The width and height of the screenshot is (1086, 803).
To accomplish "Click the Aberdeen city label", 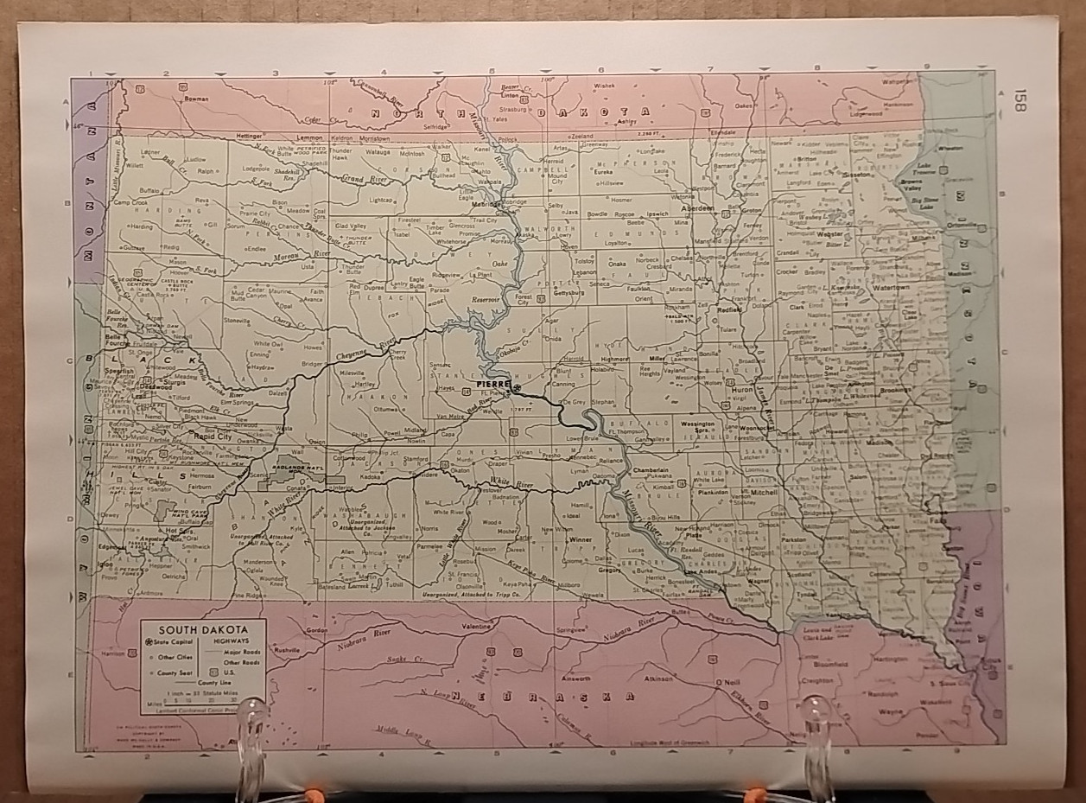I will (697, 208).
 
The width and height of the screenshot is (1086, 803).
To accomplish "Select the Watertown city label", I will (891, 287).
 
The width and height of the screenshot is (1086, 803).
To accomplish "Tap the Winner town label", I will (581, 539).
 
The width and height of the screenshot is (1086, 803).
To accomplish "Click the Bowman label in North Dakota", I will (197, 99).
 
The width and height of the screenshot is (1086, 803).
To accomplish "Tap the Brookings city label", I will (895, 391).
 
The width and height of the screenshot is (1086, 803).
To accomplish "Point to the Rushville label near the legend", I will (285, 649).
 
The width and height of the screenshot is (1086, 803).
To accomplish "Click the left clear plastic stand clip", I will (251, 726).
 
